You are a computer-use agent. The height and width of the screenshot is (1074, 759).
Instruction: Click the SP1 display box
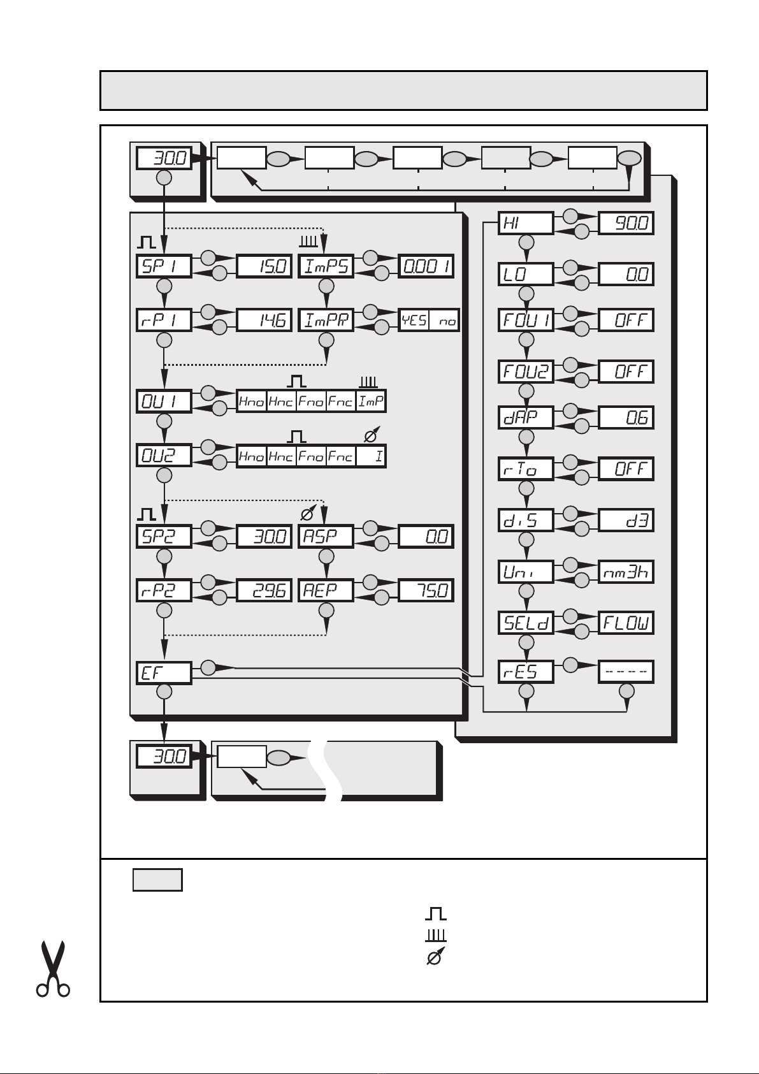(164, 266)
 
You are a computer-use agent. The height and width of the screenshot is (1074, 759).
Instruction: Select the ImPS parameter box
(326, 266)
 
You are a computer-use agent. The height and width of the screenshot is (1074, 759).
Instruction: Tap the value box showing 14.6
(264, 320)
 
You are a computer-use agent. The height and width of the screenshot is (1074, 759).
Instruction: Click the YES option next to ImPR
(414, 320)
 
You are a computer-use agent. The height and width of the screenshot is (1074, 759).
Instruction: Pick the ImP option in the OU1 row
(371, 402)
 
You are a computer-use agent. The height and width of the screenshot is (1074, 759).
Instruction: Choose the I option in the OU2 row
(371, 456)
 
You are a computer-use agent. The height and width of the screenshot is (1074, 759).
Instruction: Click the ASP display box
(326, 536)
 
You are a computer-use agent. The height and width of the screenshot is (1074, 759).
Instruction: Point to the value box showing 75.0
(426, 591)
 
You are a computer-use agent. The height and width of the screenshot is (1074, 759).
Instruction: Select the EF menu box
(164, 673)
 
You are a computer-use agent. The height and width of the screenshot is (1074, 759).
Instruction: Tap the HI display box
(526, 223)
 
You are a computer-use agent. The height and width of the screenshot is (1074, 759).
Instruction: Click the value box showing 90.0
(626, 223)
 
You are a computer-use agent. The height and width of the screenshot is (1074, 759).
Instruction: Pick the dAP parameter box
(526, 417)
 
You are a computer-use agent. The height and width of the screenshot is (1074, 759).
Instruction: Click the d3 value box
(626, 520)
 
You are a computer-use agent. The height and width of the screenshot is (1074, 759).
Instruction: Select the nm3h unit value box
(626, 572)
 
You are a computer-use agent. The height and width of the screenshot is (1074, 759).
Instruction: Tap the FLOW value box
(626, 623)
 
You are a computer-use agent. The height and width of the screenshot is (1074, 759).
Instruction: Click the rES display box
(526, 672)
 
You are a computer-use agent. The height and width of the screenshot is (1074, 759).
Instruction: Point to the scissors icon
(54, 968)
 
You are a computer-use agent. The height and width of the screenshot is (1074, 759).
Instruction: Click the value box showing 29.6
(264, 591)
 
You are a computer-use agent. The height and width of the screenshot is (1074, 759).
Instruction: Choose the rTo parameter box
(526, 469)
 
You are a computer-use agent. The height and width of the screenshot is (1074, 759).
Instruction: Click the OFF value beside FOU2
(626, 372)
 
